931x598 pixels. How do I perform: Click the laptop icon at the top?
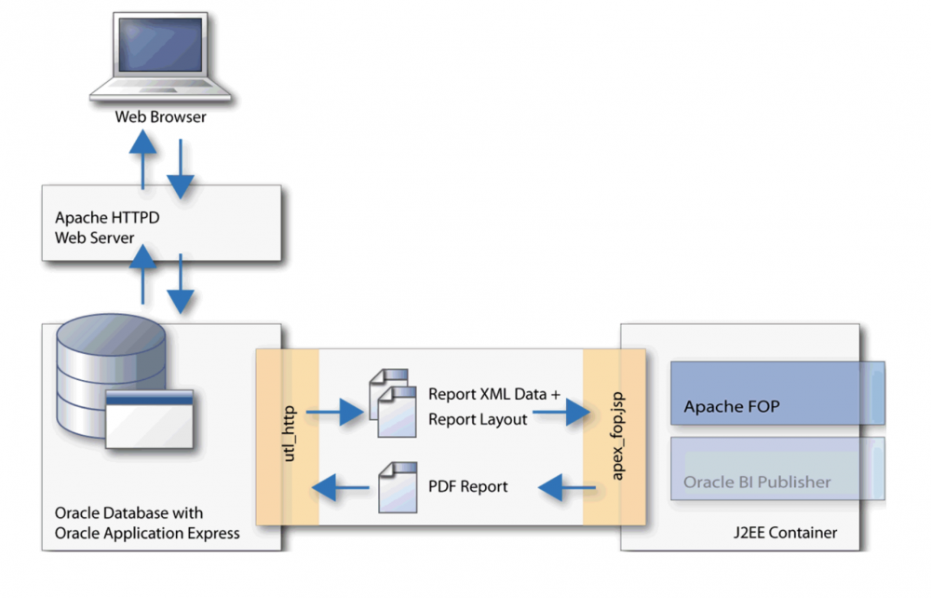click(x=159, y=58)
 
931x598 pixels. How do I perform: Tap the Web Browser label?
click(x=160, y=117)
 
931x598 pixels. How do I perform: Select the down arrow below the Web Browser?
click(x=180, y=169)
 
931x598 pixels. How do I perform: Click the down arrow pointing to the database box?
click(x=180, y=285)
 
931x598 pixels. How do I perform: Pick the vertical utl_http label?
click(x=288, y=435)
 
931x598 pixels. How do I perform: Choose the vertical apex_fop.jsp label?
click(x=615, y=437)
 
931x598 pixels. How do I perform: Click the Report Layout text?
click(x=478, y=419)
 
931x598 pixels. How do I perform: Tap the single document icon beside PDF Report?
click(x=391, y=485)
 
